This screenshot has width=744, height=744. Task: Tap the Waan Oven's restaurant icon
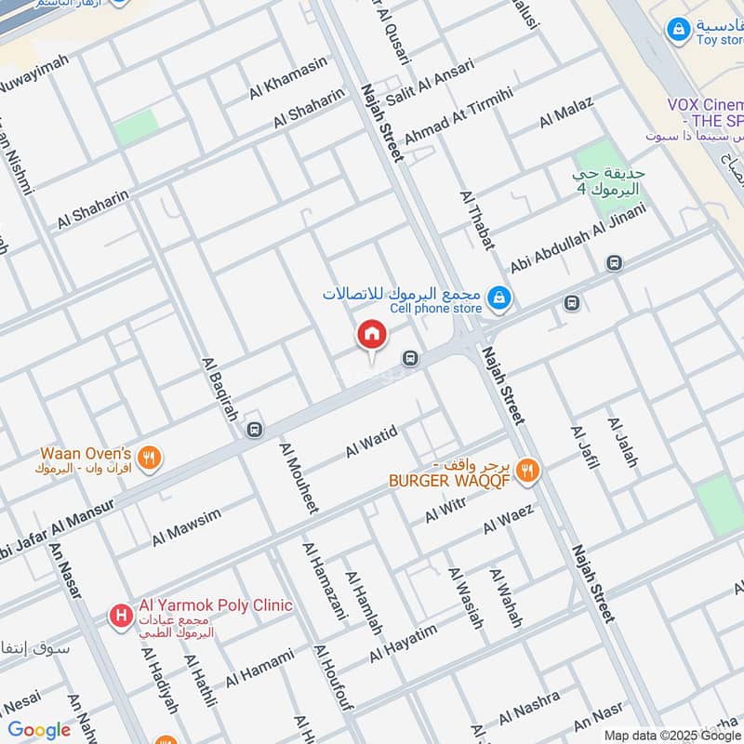point(149,457)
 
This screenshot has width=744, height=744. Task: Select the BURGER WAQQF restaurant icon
point(527,472)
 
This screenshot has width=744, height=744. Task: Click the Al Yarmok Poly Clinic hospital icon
point(120,615)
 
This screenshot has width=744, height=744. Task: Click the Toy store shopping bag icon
point(679,31)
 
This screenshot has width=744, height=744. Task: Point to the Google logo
point(39,730)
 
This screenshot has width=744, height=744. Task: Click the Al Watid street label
point(372,440)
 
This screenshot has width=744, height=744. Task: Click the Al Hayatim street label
point(403,644)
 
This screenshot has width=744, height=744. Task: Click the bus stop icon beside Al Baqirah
point(256,429)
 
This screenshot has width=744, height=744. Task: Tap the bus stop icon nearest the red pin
point(409,358)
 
